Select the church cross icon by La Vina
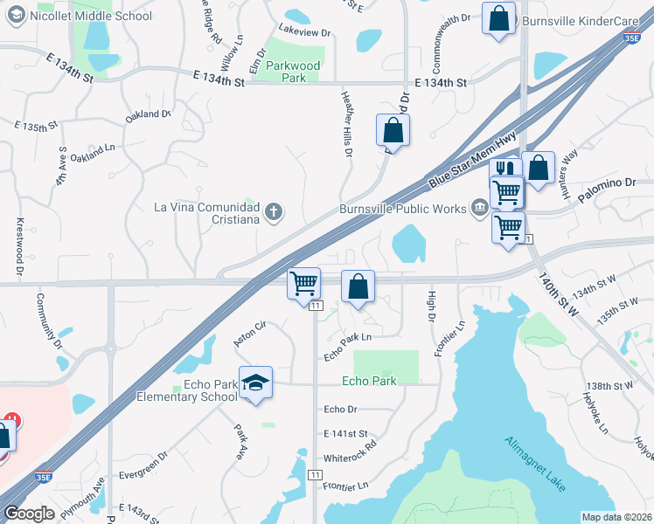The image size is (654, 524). [274, 210]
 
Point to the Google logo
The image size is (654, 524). [29, 514]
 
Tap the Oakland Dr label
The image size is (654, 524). [147, 114]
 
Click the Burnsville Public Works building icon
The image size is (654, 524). [480, 208]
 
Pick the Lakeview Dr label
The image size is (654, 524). [305, 32]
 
